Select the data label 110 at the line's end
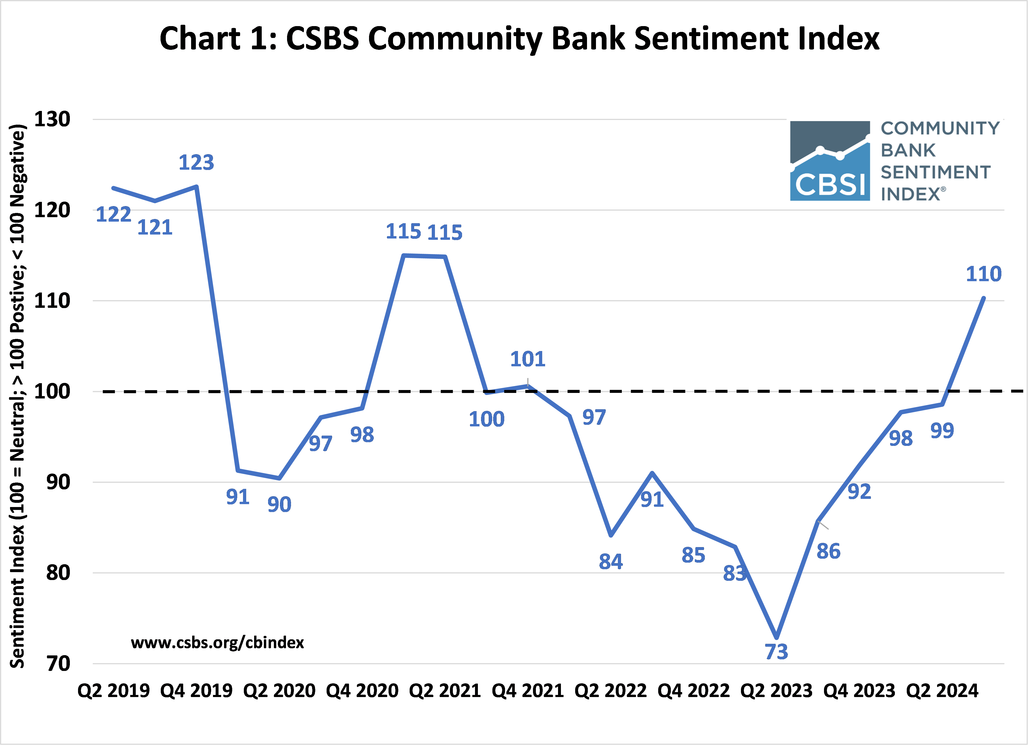point(983,274)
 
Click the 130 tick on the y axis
point(52,119)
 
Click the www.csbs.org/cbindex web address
point(217,642)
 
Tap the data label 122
point(113,214)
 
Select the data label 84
point(610,562)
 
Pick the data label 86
point(828,551)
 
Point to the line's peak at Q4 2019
point(196,186)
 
